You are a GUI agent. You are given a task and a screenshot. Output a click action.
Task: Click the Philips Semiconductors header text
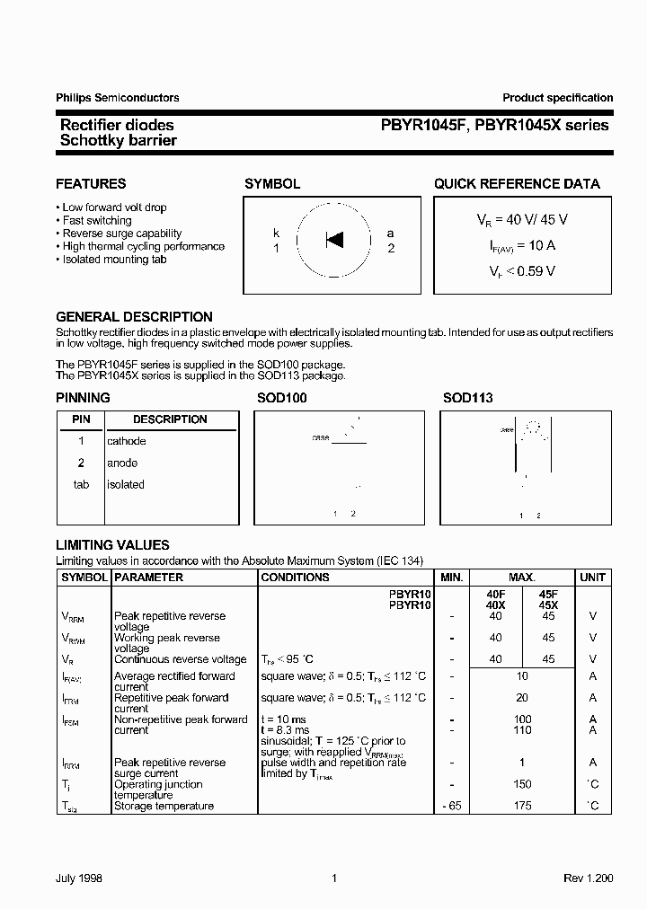117,98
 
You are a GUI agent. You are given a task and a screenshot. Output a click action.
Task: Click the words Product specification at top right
557,98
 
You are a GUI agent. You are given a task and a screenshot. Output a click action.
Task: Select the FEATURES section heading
91,184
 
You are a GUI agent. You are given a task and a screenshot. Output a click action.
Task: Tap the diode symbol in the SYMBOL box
334,240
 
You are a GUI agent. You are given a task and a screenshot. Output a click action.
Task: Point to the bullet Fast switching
97,220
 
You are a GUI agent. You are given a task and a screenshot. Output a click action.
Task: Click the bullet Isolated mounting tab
114,260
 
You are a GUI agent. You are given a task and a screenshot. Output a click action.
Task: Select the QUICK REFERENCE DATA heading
517,184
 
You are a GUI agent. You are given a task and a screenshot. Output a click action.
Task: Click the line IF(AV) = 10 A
522,244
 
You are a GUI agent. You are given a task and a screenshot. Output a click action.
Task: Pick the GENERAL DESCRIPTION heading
134,317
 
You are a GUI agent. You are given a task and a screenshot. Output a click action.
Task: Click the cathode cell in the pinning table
127,441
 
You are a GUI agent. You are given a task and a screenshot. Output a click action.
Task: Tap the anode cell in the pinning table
122,463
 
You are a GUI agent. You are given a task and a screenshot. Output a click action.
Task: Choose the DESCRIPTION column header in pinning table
170,419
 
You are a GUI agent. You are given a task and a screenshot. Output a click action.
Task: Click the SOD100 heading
281,398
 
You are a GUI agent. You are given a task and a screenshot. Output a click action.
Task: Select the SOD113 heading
467,398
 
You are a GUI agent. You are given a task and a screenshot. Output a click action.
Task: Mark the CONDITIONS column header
295,578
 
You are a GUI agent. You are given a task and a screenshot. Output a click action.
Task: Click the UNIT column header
592,578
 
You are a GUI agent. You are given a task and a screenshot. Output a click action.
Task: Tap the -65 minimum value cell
452,806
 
